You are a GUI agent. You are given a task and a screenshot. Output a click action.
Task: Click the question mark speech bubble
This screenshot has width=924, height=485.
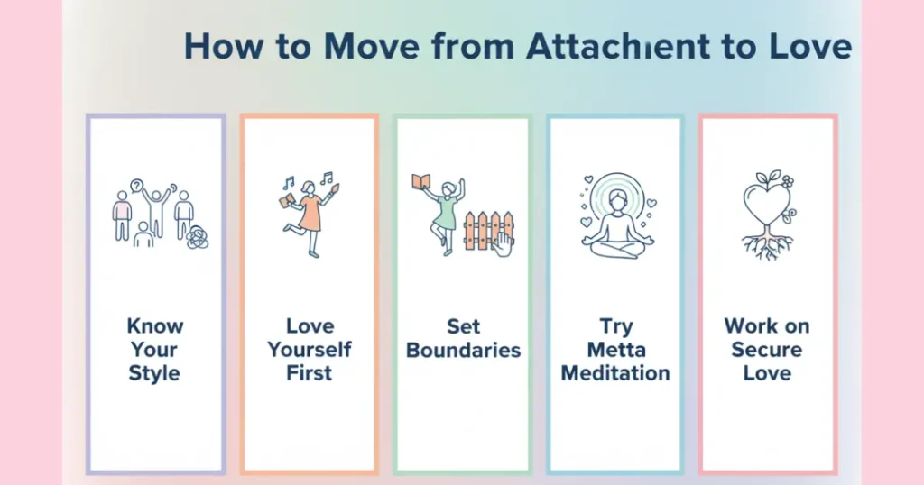pos(137,186)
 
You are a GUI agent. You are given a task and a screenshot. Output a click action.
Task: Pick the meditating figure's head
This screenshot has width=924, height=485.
pos(616,198)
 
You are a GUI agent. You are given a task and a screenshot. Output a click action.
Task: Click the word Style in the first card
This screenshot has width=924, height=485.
pos(154,373)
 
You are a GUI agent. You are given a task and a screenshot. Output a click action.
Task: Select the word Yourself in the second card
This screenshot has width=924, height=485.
pos(310,350)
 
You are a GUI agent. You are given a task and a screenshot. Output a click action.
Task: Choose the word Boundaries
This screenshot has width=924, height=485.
pos(463,350)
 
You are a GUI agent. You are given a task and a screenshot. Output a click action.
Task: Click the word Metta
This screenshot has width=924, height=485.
pos(615,350)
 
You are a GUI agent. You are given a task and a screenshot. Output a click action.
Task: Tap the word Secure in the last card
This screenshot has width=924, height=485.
pos(767,350)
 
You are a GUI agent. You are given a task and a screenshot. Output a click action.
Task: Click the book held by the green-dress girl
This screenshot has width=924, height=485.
pos(420,182)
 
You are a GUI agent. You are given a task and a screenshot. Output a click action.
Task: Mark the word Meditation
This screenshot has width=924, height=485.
pos(615,373)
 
